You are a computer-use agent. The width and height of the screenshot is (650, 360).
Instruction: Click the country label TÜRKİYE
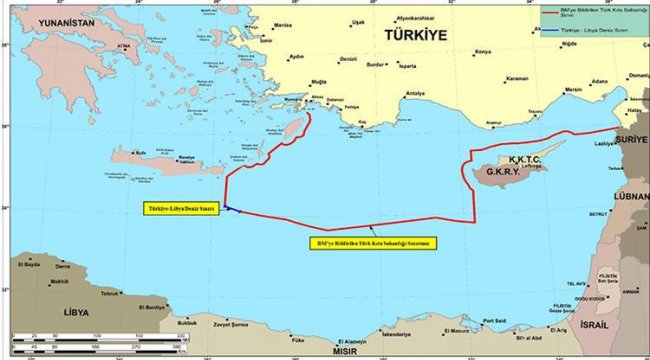tap(413, 34)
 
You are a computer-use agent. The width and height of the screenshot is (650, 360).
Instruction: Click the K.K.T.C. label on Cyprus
tap(525, 158)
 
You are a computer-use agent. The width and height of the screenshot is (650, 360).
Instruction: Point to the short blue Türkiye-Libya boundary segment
tap(230, 208)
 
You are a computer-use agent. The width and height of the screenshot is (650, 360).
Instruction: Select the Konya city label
tap(483, 51)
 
